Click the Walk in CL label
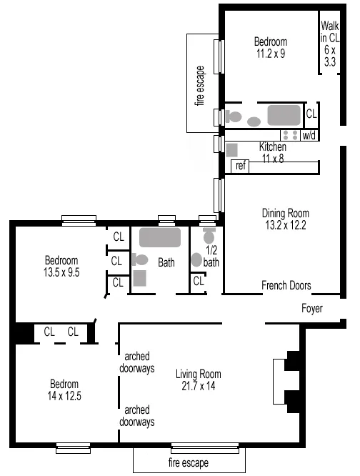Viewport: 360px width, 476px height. pos(329,44)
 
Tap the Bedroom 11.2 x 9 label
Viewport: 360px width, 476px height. pos(271,47)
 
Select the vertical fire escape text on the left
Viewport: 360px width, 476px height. pos(200,85)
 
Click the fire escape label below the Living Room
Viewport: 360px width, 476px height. pos(189,462)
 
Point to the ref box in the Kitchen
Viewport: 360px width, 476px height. pos(241,166)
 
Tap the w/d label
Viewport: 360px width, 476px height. pos(309,135)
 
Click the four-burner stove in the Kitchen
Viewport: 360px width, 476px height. pos(290,134)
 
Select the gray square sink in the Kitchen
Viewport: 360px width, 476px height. pos(232,149)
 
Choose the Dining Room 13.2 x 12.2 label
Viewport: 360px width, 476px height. pos(285,219)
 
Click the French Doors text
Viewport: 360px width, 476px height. pos(286,285)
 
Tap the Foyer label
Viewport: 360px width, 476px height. pos(311,309)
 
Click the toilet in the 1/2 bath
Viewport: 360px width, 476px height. pos(209,236)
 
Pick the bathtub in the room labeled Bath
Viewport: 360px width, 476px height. pos(161,238)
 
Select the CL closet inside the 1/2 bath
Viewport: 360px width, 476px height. pos(199,281)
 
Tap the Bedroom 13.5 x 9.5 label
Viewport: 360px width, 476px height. pos(61,266)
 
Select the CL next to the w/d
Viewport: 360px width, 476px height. pos(311,114)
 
